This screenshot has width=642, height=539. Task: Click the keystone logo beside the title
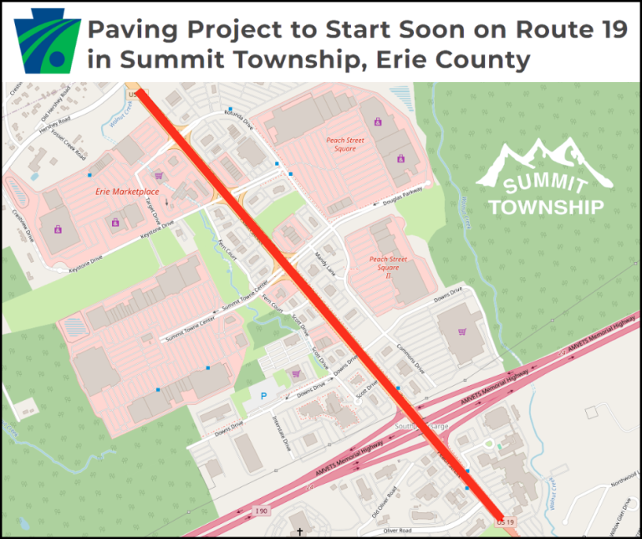[48, 40]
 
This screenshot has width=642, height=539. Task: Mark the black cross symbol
[299, 531]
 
